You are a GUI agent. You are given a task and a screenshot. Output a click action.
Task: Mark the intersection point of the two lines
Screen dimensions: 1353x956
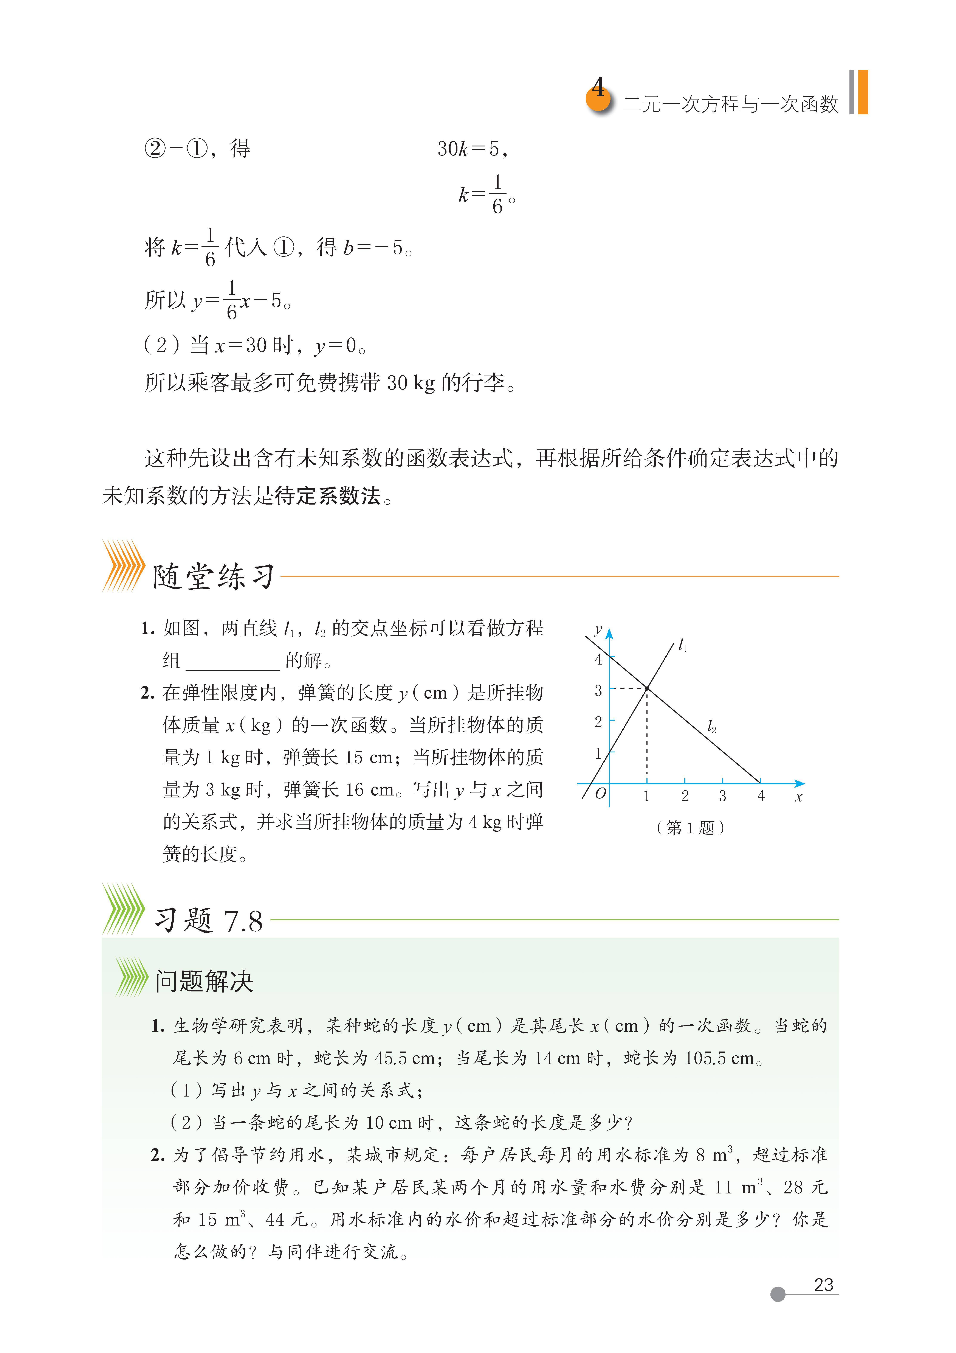pos(647,688)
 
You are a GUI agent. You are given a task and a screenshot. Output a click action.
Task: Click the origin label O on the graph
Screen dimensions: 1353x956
pos(600,794)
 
